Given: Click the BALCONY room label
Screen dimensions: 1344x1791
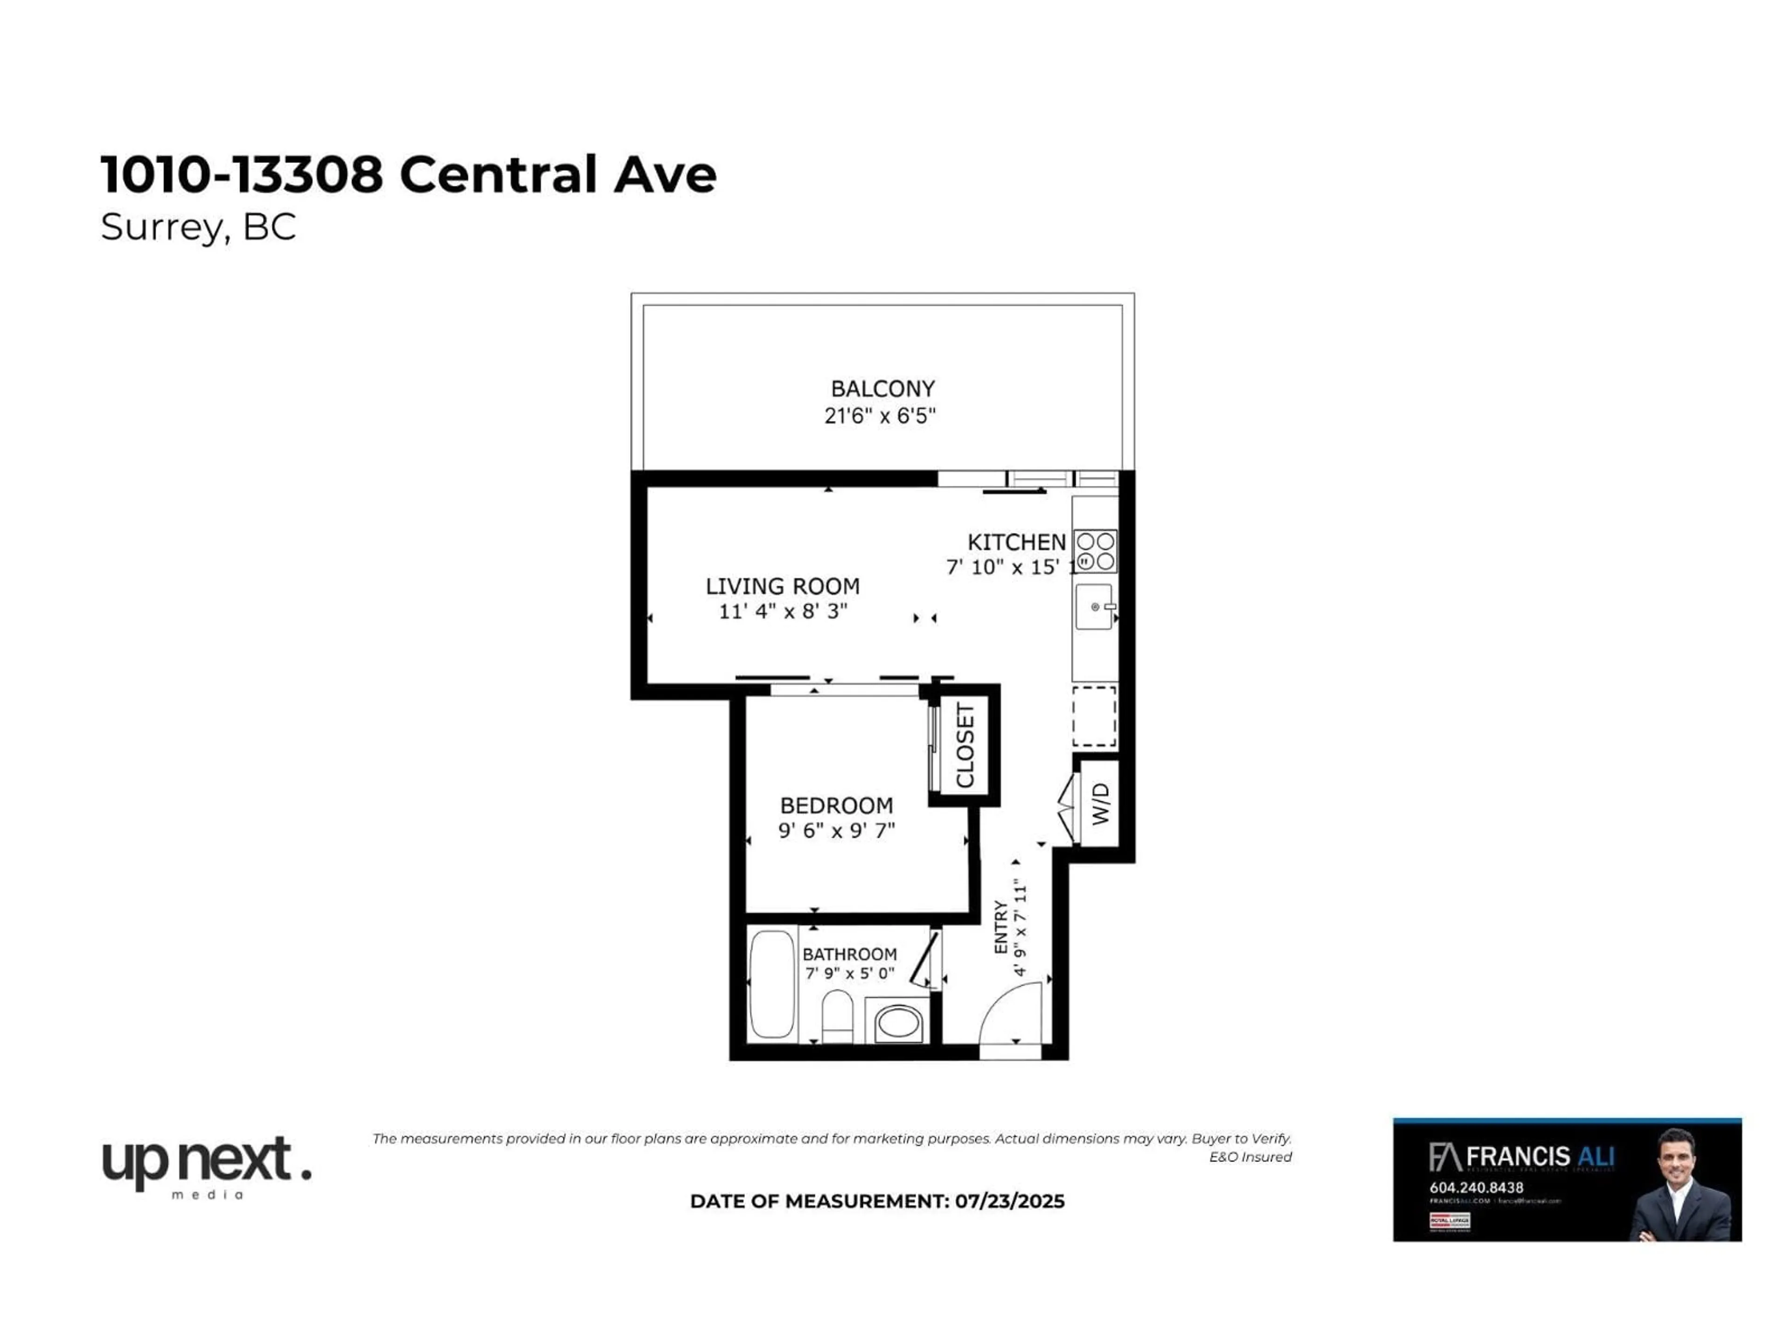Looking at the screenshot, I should click(x=882, y=389).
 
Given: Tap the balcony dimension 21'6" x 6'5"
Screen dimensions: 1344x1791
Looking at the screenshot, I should click(x=880, y=416).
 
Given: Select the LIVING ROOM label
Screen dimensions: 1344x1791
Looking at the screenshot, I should click(x=782, y=586).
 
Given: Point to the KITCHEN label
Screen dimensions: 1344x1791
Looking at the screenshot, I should click(x=1016, y=542).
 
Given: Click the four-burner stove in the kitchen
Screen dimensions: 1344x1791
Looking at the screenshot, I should click(x=1096, y=551).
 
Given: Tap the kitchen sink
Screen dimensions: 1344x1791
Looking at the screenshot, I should click(x=1094, y=606).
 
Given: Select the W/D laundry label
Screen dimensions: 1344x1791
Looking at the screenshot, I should click(x=1100, y=804).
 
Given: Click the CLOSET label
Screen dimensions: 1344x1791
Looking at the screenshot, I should click(x=965, y=745).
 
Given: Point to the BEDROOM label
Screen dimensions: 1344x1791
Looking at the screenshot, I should click(x=836, y=805).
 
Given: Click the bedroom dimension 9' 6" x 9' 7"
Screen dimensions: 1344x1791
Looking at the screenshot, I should click(x=836, y=830).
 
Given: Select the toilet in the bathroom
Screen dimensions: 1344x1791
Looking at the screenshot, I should click(x=837, y=1017).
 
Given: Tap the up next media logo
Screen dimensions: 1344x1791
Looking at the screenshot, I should click(x=207, y=1165).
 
